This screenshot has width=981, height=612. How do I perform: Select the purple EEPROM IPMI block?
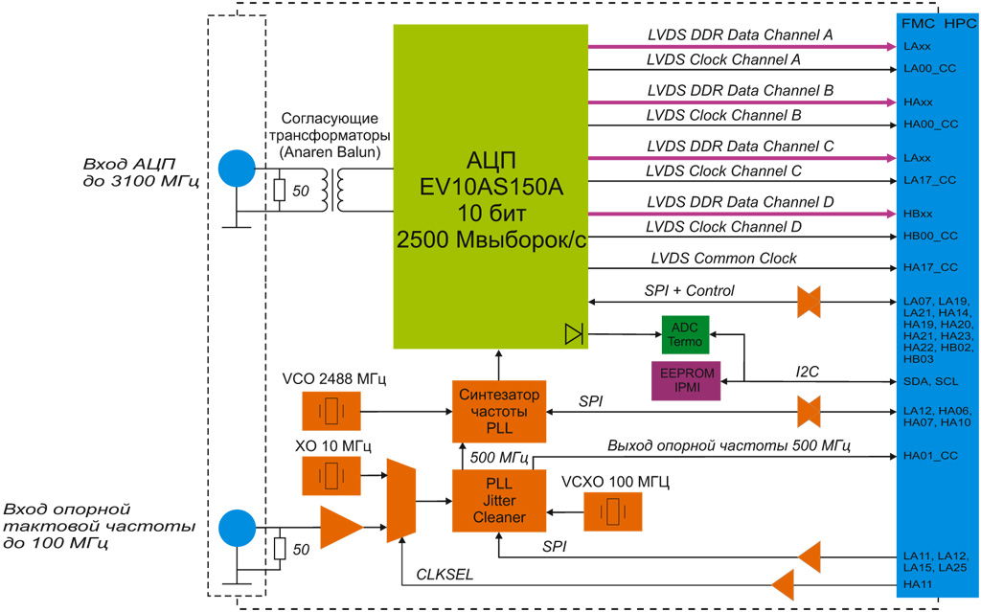pos(684,380)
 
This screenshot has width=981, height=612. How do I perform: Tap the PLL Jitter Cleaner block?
pos(498,501)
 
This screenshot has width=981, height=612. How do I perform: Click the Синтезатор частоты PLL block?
pos(498,411)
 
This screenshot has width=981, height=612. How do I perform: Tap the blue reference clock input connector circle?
pos(238,527)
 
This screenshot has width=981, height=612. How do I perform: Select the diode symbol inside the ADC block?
pos(574,333)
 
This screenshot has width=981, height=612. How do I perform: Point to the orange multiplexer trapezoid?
pos(399,501)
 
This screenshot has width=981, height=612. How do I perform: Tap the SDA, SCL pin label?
pos(924,380)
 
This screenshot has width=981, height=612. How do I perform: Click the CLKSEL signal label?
pos(445,576)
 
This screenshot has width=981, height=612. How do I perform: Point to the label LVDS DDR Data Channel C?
pos(741,147)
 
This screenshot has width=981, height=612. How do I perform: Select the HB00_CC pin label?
pos(930,236)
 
